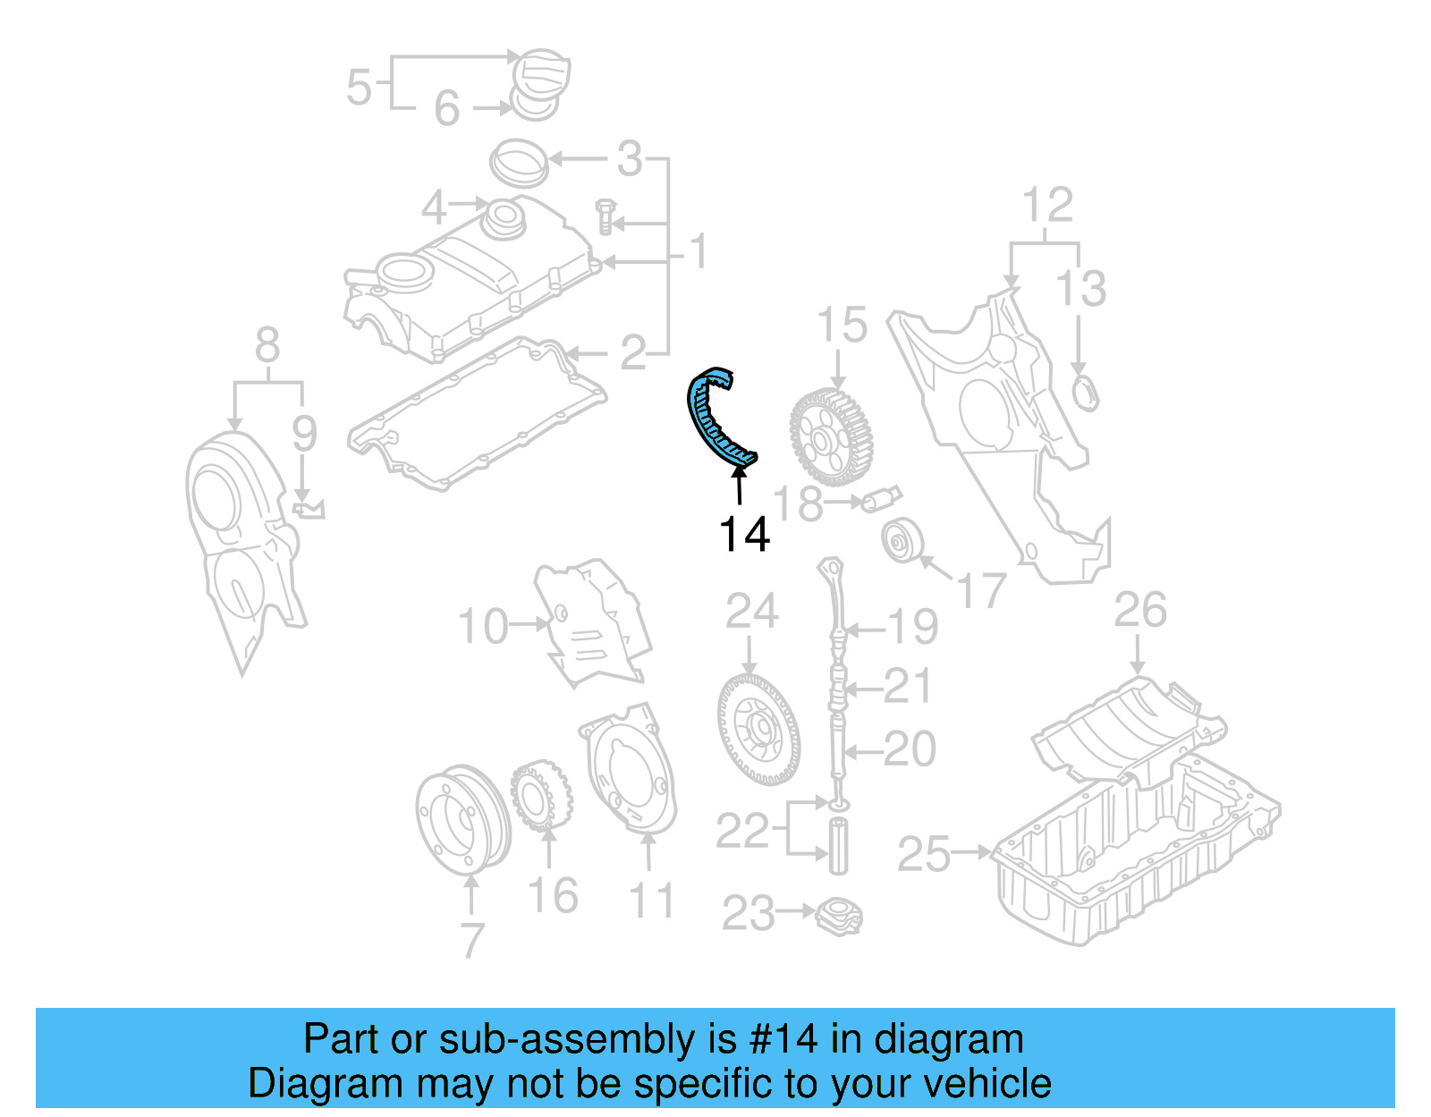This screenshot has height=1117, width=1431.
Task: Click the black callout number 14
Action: pos(743,534)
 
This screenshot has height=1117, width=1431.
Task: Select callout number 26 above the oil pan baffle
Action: pos(1139,610)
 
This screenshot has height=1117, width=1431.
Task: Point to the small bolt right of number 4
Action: pos(606,216)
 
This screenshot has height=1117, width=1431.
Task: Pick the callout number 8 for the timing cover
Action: pos(267,345)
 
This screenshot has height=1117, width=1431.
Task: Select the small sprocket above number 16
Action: pos(541,795)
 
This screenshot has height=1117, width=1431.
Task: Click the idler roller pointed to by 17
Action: pos(902,541)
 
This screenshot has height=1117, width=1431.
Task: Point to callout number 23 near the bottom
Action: pos(748,914)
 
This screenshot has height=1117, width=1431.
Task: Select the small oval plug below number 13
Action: pos(1084,393)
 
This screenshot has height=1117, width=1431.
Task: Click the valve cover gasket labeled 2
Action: pos(474,416)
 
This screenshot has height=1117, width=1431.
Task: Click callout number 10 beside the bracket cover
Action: pos(482,626)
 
